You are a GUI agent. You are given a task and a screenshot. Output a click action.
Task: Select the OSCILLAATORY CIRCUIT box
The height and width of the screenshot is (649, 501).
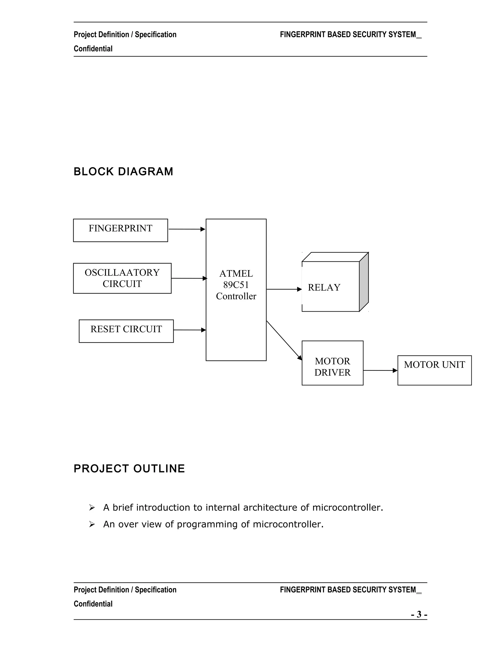(122, 278)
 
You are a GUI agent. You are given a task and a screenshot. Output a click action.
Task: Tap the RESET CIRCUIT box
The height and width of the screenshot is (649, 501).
(126, 331)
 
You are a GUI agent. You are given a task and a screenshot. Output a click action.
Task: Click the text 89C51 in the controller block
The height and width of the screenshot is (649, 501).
(236, 285)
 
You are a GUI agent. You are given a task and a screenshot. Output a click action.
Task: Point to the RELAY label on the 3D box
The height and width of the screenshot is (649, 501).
(324, 287)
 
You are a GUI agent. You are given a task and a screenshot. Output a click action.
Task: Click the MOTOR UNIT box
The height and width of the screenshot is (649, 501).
(434, 370)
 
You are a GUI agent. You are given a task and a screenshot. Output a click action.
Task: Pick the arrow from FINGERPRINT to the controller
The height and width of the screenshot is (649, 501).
(187, 229)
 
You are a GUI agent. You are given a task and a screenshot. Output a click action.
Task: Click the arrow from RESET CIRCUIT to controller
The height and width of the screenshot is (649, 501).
(189, 330)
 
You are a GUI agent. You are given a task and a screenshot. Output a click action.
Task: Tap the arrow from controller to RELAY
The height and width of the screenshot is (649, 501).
(284, 289)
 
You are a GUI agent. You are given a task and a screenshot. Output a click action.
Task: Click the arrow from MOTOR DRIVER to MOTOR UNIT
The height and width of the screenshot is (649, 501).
(380, 370)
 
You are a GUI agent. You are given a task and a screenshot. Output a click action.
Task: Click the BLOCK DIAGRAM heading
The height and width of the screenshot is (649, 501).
(123, 171)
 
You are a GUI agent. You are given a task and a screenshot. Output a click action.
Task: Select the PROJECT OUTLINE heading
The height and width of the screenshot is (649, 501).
(129, 468)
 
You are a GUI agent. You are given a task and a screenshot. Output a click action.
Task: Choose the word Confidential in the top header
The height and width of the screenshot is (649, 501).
(93, 49)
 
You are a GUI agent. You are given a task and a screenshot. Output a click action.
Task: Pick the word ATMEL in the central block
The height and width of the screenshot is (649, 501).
(236, 273)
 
